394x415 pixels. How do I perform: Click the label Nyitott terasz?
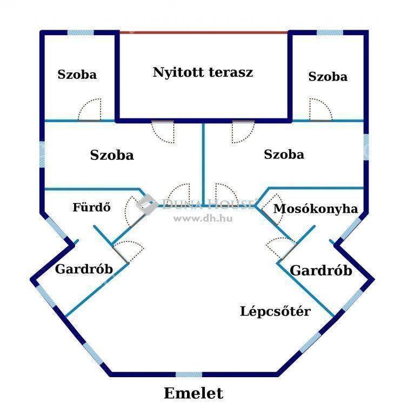(203, 72)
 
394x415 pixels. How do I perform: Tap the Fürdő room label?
(92, 207)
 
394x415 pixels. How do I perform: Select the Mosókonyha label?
(316, 209)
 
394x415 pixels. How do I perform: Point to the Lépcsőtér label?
(275, 311)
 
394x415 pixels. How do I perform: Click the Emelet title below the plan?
(193, 393)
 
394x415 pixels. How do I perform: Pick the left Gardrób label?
(84, 269)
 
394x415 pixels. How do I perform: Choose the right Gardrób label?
(321, 271)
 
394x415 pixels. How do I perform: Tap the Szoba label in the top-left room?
(77, 75)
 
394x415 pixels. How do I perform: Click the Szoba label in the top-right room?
(328, 77)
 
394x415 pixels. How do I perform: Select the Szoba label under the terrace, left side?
(112, 155)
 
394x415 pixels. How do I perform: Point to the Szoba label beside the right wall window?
(284, 155)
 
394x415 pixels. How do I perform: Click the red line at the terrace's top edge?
(203, 32)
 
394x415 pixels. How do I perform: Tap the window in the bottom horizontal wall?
(189, 374)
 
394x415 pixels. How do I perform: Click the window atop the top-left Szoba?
(81, 32)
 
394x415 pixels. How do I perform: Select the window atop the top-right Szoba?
(330, 32)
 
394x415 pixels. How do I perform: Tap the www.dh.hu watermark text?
(203, 218)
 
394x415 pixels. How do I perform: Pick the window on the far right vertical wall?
(366, 147)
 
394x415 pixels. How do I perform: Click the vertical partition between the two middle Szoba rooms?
(203, 164)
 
